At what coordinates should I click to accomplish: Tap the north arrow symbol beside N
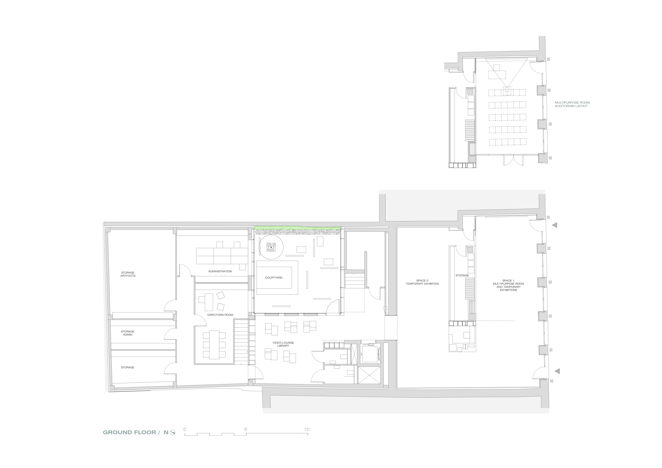pyautogui.click(x=172, y=432)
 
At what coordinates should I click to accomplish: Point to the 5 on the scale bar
pyautogui.click(x=246, y=429)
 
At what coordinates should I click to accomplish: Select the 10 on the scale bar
pyautogui.click(x=306, y=429)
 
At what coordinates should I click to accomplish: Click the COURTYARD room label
pyautogui.click(x=274, y=278)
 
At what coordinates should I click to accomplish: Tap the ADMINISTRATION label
pyautogui.click(x=220, y=271)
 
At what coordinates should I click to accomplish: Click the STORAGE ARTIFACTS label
pyautogui.click(x=128, y=274)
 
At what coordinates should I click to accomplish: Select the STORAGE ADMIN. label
pyautogui.click(x=128, y=333)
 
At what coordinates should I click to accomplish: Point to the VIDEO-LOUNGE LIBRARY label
pyautogui.click(x=283, y=344)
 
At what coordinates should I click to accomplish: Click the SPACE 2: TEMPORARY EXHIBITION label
pyautogui.click(x=422, y=282)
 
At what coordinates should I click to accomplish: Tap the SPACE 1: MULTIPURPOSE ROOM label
pyautogui.click(x=508, y=285)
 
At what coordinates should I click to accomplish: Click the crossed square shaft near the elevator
pyautogui.click(x=369, y=375)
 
